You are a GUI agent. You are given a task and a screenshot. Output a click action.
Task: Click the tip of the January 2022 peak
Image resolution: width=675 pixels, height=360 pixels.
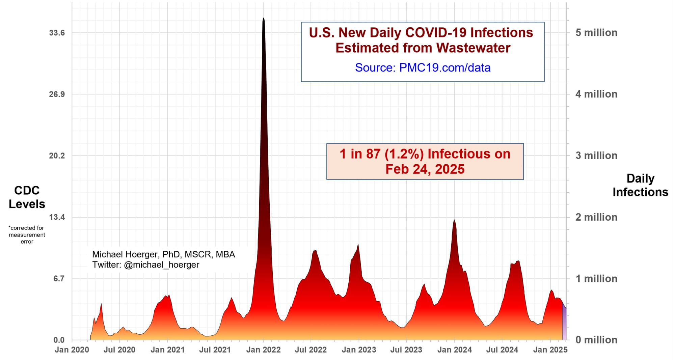264,19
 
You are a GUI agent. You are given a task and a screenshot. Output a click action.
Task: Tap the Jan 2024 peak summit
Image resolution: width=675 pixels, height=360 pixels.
454,221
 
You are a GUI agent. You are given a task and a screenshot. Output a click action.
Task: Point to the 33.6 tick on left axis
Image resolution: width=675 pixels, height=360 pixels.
57,33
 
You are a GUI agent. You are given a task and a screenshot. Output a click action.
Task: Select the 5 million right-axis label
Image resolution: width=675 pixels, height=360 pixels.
596,33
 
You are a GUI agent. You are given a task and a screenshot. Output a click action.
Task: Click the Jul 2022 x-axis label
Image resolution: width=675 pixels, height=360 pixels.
310,350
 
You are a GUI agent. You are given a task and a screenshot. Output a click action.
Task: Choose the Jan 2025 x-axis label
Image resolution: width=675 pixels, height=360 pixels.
550,350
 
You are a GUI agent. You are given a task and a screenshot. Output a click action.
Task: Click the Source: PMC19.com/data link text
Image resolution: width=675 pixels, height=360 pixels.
423,67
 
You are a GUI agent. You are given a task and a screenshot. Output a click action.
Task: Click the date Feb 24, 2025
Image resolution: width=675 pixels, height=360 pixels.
425,169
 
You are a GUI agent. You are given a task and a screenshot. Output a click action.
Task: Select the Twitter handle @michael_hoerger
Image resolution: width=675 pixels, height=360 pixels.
161,265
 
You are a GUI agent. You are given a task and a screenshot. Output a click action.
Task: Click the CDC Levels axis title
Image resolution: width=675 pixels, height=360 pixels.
27,197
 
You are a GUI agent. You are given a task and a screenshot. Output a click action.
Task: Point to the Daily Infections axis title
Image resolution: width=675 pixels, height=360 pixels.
640,185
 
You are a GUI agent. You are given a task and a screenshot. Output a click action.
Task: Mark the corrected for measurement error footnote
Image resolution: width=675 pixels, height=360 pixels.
27,235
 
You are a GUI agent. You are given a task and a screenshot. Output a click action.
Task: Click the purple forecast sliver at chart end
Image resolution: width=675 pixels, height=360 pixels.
564,324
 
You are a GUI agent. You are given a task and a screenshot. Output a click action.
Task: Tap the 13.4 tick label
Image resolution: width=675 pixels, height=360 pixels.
57,217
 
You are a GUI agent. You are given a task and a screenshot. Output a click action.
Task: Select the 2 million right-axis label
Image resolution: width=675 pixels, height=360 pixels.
596,217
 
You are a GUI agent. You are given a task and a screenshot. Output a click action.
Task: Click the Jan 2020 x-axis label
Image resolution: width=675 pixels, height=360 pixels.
72,350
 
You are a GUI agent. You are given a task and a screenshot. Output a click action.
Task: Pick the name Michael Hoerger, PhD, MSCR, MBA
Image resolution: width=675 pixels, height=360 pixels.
163,254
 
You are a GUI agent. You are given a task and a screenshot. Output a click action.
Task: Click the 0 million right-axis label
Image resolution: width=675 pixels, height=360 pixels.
596,340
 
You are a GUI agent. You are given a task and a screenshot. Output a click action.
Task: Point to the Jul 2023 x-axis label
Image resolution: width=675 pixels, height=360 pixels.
406,350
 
